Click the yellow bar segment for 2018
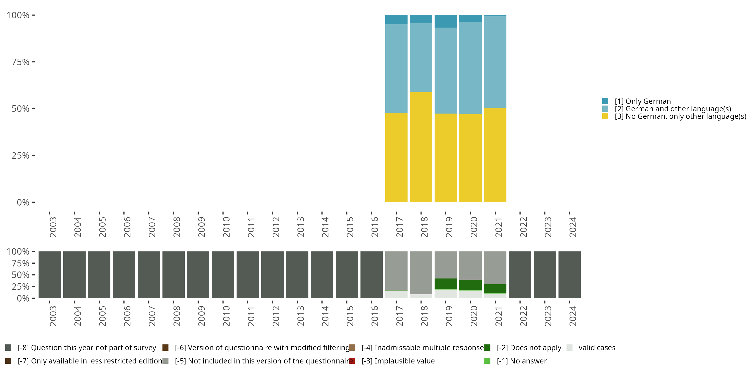click(x=421, y=147)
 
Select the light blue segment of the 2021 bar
click(x=495, y=62)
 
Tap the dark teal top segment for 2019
click(x=446, y=21)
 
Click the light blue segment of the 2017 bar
click(x=396, y=69)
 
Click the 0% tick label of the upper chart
click(x=23, y=202)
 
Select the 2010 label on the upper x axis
click(x=226, y=227)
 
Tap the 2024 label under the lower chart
click(x=573, y=316)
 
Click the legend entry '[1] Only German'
click(x=643, y=101)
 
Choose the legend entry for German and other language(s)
click(x=673, y=109)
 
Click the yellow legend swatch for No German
click(x=605, y=117)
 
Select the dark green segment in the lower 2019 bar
click(x=446, y=284)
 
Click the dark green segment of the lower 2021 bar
click(x=495, y=289)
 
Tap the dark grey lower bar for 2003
click(x=50, y=275)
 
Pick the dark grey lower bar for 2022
click(x=520, y=275)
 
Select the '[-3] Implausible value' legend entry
click(x=398, y=361)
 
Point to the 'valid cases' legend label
click(x=597, y=348)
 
